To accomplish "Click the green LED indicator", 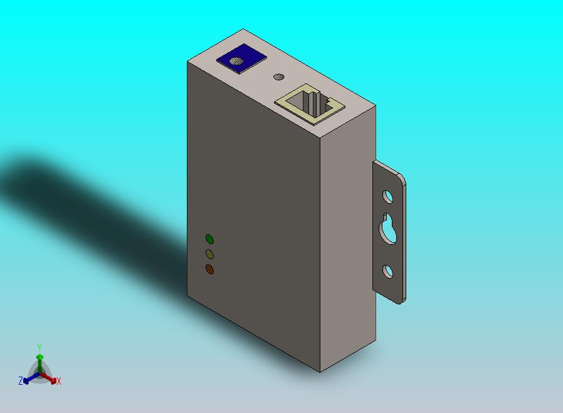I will [209, 239].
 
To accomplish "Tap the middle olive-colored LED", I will [209, 254].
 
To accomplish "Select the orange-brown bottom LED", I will [209, 269].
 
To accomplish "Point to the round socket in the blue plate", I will [237, 62].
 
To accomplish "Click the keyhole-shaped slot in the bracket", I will [388, 229].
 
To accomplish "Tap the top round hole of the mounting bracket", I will [388, 197].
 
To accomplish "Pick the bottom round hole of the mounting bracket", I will [388, 271].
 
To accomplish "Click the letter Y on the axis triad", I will [39, 347].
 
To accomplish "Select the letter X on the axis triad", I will [59, 381].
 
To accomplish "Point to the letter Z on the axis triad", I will [21, 380].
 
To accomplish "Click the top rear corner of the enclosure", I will [243, 29].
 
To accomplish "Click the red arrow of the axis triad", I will [52, 379].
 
